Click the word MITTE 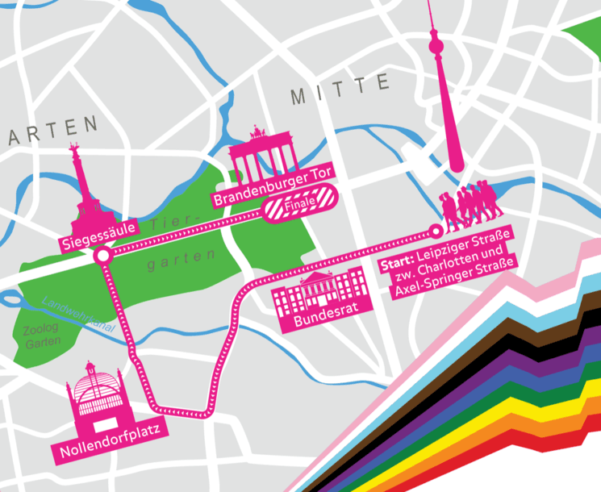pos(340,90)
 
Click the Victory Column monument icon pos(82,194)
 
